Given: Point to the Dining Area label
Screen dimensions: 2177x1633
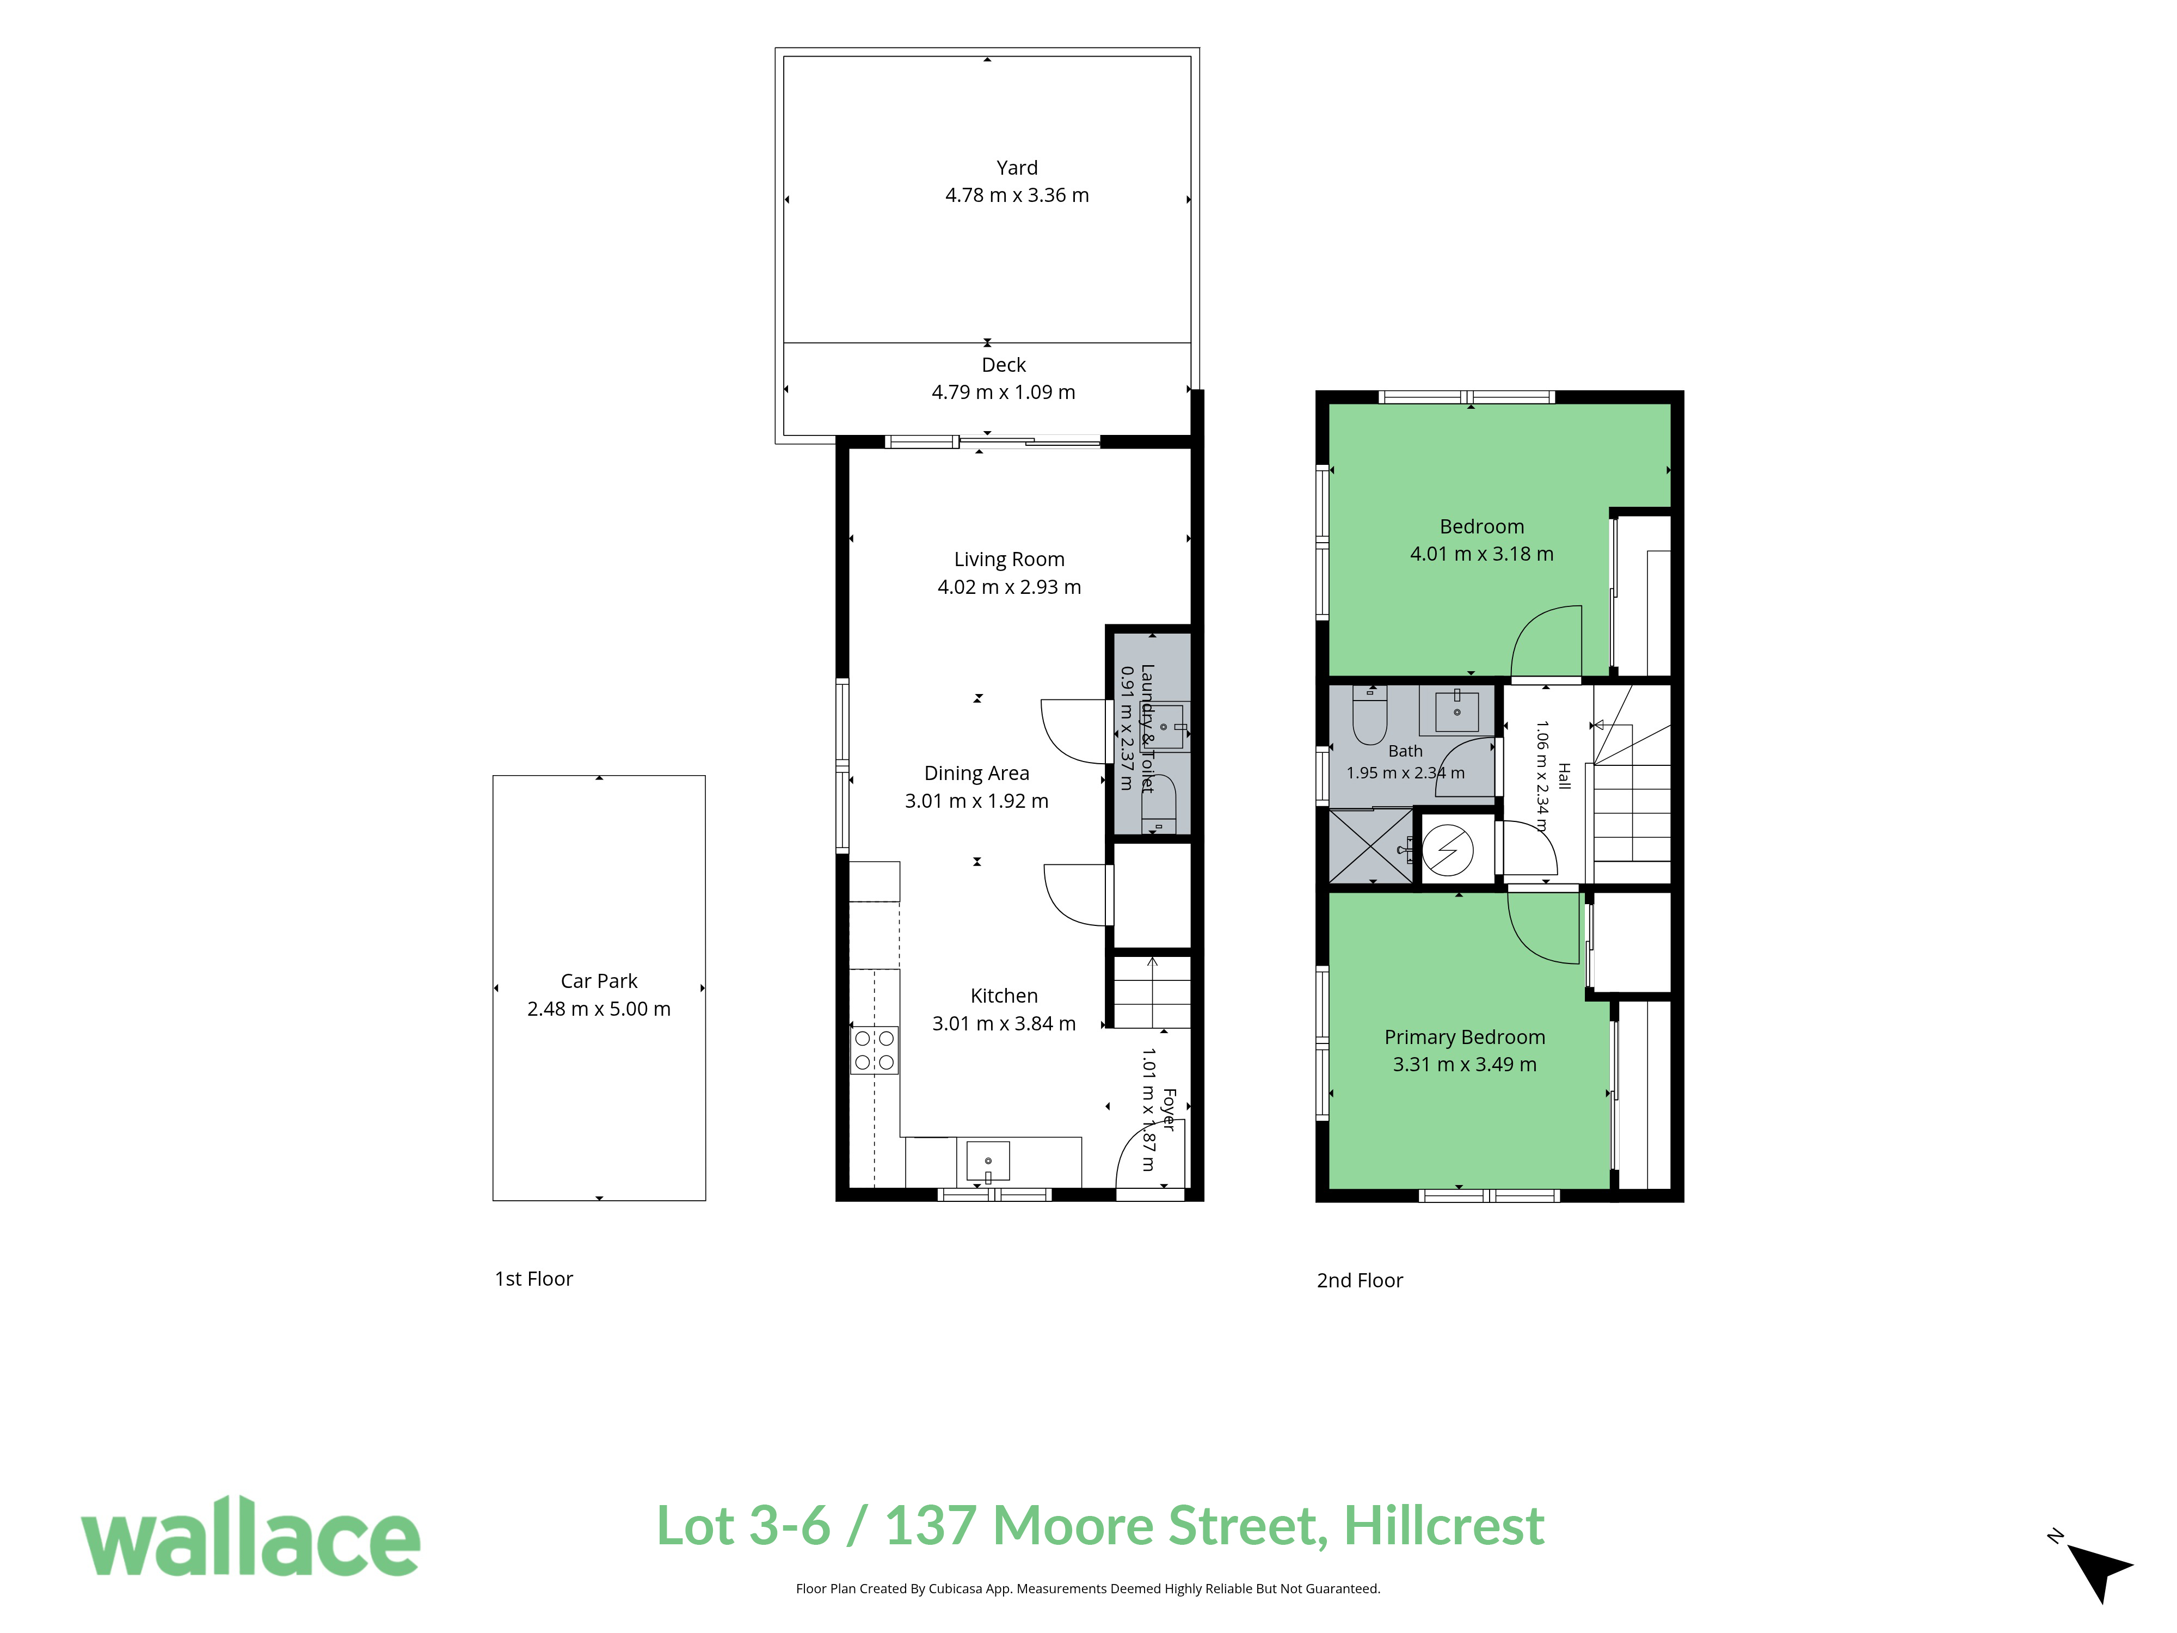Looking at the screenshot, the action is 976,773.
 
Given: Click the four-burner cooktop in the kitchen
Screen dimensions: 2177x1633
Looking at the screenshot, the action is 874,1049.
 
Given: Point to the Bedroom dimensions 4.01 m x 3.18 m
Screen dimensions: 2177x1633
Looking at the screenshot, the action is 1481,554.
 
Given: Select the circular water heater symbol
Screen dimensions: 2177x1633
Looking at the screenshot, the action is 1448,850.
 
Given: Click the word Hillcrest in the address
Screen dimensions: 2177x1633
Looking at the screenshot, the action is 1444,1527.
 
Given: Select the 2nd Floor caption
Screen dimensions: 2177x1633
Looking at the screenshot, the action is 1360,1281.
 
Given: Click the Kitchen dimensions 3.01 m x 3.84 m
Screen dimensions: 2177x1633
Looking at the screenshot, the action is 1004,1024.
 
